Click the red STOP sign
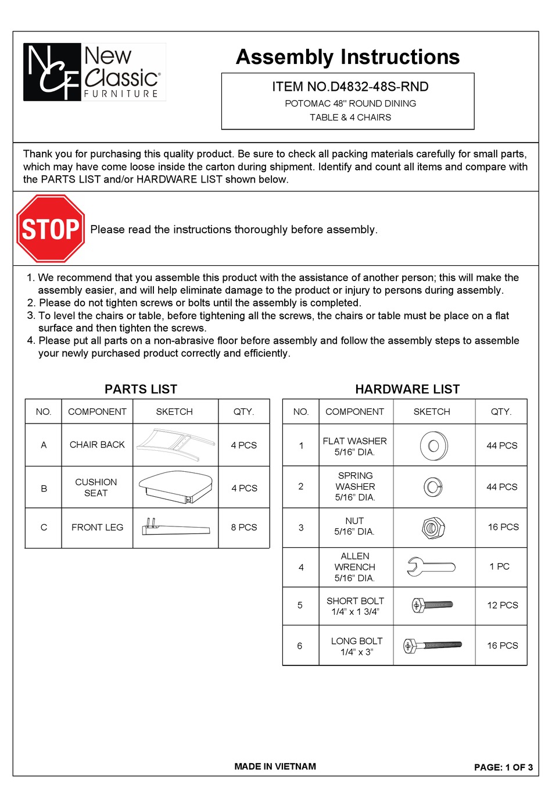click(x=51, y=229)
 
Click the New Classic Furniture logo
click(x=94, y=72)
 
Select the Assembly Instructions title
click(x=347, y=57)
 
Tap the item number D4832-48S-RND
click(x=350, y=87)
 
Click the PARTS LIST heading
click(x=141, y=389)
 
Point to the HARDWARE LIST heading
click(x=407, y=389)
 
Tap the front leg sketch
click(x=175, y=527)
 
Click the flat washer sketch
click(x=433, y=446)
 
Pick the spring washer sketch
click(x=433, y=486)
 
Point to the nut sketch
click(x=433, y=528)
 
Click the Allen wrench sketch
click(x=431, y=567)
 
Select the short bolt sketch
click(x=432, y=606)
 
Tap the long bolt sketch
click(x=432, y=645)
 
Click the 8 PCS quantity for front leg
click(x=243, y=527)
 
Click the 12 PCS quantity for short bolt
click(x=502, y=605)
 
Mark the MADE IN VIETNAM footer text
click(x=275, y=766)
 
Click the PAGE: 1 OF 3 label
click(x=503, y=767)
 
